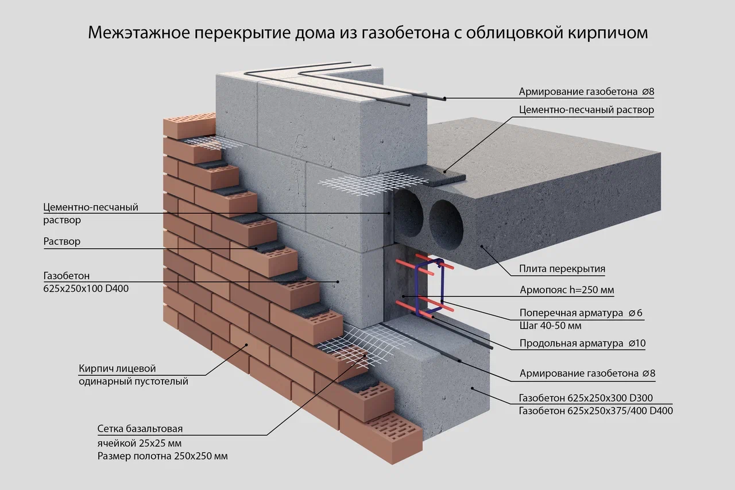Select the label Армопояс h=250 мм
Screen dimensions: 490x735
[566, 290]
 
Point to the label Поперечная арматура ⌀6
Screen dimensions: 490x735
[581, 313]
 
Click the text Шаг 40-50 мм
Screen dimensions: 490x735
[550, 326]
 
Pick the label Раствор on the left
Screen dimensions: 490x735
[62, 242]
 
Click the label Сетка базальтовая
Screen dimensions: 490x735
[140, 429]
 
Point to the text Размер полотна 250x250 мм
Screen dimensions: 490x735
[162, 457]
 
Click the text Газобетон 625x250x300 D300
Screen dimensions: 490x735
[586, 398]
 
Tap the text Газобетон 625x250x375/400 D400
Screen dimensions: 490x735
[595, 411]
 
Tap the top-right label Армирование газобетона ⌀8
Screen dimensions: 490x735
[586, 92]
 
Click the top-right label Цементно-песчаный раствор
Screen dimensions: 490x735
[586, 110]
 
